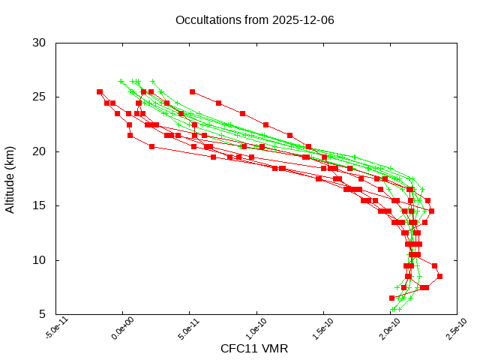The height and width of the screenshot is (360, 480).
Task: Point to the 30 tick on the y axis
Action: pos(40,43)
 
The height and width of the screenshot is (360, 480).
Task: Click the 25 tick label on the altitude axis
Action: pos(40,97)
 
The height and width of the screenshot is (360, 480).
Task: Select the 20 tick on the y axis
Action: pos(40,151)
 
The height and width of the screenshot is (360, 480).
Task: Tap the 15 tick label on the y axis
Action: pos(40,205)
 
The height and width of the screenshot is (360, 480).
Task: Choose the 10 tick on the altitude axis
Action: pos(40,260)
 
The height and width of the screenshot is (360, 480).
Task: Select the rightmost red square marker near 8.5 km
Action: pos(440,276)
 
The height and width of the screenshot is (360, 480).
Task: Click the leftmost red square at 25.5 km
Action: pos(100,91)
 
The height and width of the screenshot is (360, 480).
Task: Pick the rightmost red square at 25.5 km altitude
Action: pos(193,91)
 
